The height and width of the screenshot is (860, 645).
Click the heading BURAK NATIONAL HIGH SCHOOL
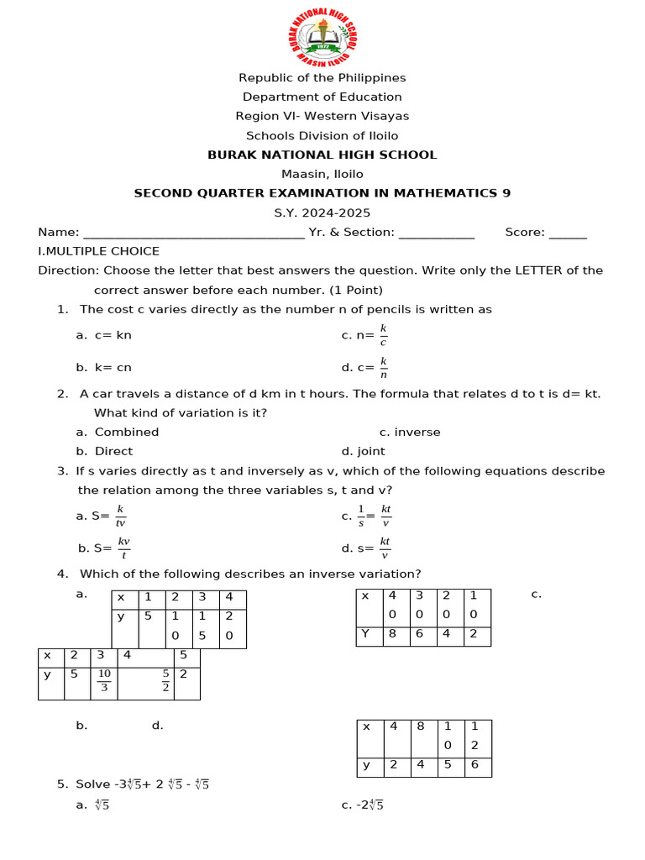click(x=322, y=155)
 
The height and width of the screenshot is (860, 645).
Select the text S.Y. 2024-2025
click(x=322, y=213)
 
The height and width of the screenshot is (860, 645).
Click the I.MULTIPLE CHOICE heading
click(x=98, y=251)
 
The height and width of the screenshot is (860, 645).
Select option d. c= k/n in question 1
click(x=364, y=367)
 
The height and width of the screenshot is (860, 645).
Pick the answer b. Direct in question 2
click(x=104, y=451)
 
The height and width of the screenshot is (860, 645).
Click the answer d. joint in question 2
click(x=363, y=451)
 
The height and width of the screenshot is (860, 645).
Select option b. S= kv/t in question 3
click(x=104, y=548)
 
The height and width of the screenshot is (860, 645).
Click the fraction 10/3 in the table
click(x=104, y=680)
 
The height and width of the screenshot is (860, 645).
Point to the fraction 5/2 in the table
click(x=165, y=680)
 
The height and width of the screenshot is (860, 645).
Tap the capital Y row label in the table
click(x=365, y=634)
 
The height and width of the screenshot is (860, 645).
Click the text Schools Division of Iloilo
click(x=322, y=135)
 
